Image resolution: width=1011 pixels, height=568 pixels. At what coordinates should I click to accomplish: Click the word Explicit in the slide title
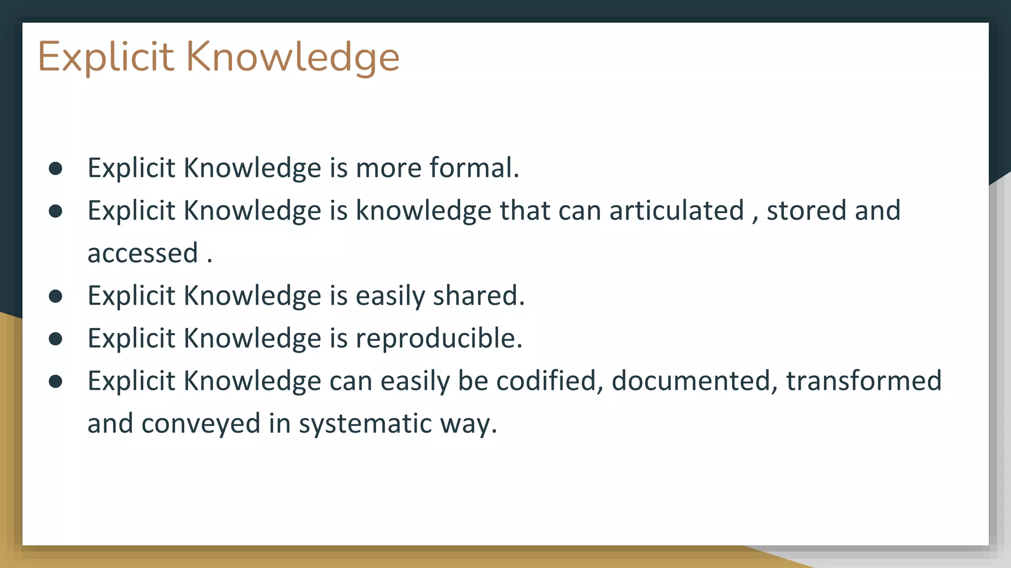(106, 57)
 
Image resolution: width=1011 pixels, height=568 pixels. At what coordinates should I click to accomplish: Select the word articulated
(676, 211)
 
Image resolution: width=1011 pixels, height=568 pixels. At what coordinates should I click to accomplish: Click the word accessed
(143, 253)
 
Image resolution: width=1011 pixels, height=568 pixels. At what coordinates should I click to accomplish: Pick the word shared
(478, 296)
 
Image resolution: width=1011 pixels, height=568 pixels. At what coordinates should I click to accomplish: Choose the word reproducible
(438, 339)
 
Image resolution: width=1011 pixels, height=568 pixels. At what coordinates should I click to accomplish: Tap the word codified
(549, 381)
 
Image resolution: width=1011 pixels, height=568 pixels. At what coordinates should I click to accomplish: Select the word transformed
(864, 381)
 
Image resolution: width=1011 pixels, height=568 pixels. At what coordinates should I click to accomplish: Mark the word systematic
(365, 424)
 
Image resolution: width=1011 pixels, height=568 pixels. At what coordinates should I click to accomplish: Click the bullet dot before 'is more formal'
(56, 169)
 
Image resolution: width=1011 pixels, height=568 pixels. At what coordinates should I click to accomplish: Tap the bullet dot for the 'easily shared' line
(56, 296)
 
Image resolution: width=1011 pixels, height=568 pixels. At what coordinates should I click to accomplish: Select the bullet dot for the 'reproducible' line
(56, 339)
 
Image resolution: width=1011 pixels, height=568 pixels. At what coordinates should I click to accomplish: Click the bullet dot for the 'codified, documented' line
(56, 382)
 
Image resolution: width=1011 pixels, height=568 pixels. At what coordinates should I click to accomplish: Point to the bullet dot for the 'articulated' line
(56, 212)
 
